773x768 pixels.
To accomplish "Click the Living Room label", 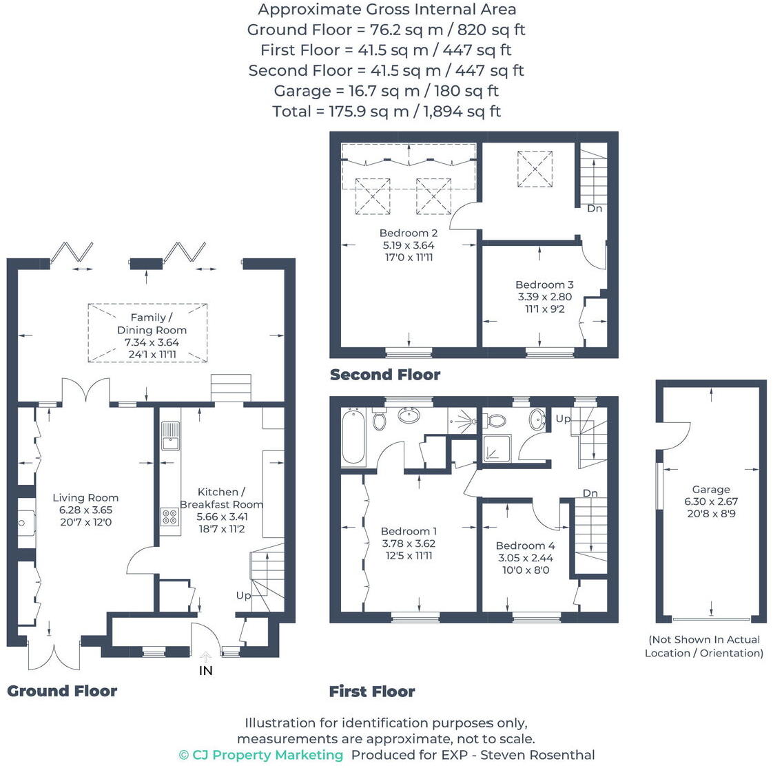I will [x=85, y=497].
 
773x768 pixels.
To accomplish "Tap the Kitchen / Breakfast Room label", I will [x=221, y=498].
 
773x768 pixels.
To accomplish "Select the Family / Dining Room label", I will [x=152, y=324].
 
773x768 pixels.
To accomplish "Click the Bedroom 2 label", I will [x=409, y=233].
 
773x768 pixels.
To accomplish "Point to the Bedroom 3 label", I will [x=544, y=284].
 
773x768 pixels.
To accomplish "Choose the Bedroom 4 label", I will [x=525, y=546].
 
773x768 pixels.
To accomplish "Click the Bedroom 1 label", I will [x=409, y=531].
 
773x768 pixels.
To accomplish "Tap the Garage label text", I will [x=711, y=489].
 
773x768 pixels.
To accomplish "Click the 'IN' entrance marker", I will [x=205, y=670].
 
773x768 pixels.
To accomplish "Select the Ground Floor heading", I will [x=62, y=691].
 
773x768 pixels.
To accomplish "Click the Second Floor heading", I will [x=385, y=375].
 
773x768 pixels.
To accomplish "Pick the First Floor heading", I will [x=372, y=692].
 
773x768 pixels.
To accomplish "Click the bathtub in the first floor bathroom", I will [x=353, y=437].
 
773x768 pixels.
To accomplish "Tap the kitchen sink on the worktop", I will [x=170, y=435].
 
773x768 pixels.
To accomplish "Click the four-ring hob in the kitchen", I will [x=169, y=517].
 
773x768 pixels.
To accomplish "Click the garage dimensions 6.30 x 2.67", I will [x=711, y=501].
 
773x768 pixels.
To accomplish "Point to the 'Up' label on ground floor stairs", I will [x=243, y=595].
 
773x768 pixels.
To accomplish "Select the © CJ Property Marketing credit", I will [x=261, y=755].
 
